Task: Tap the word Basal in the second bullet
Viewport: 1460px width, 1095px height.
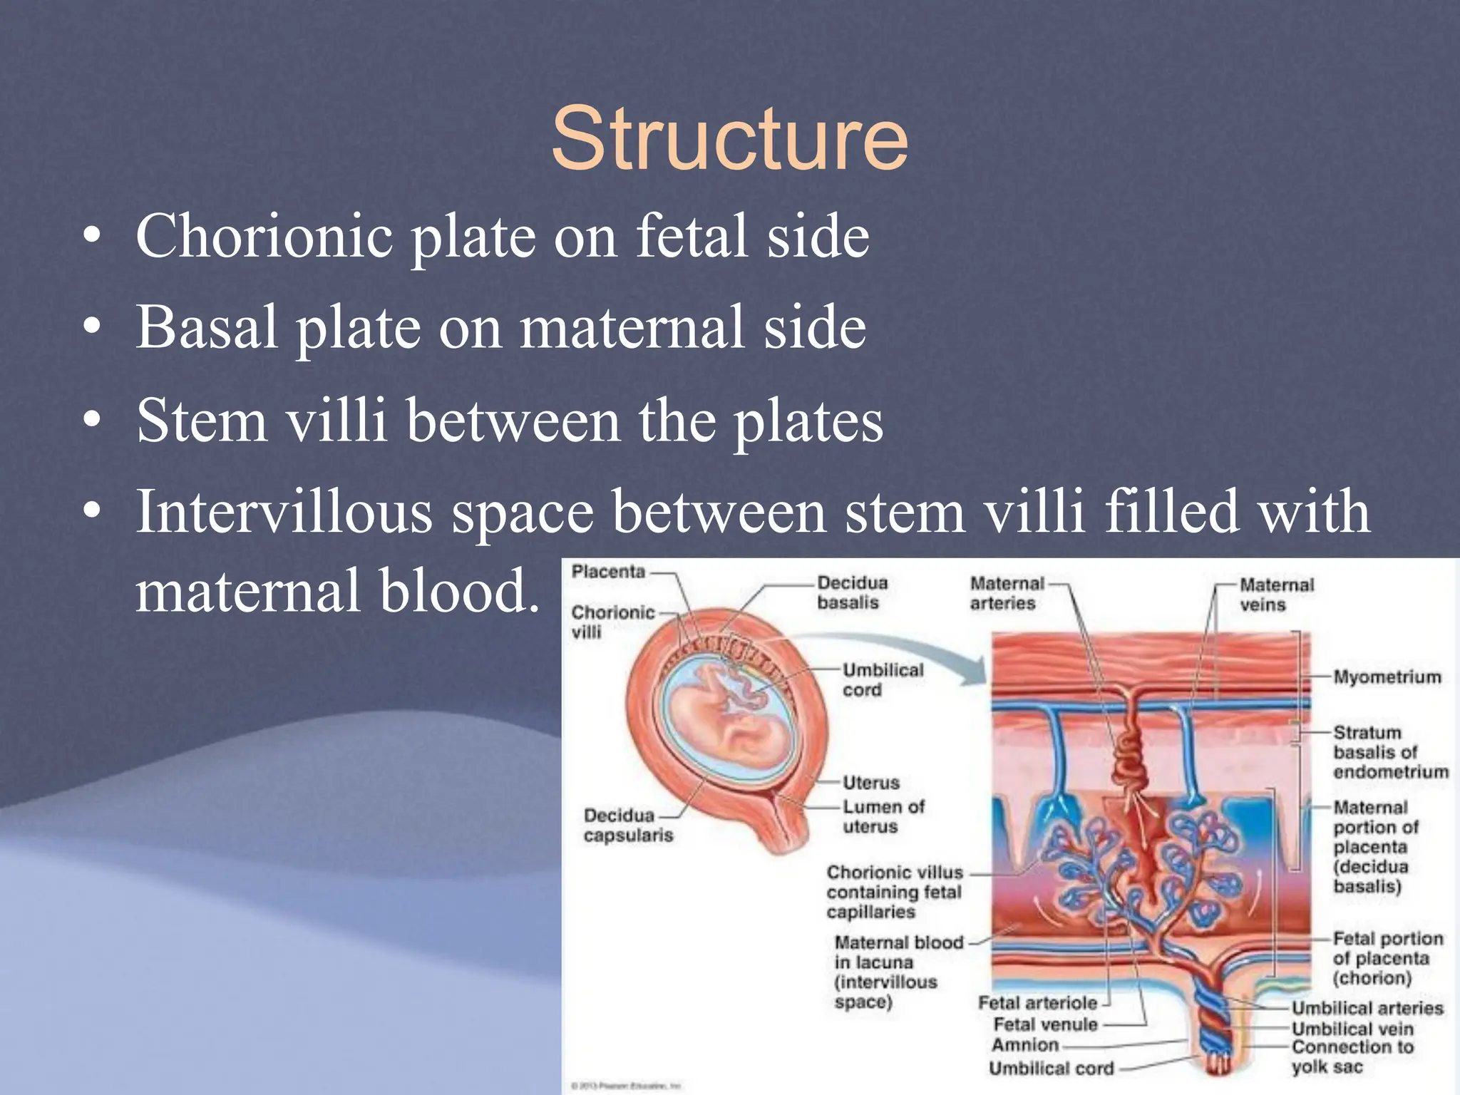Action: (207, 327)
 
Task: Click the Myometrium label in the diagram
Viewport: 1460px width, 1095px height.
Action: (1387, 677)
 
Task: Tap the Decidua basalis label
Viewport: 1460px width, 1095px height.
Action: (852, 592)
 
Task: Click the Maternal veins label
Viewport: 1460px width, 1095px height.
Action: (1276, 595)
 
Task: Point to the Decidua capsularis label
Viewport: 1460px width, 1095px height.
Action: (627, 825)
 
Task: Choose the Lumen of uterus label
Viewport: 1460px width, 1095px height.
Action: (883, 816)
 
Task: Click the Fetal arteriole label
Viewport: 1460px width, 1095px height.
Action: (1037, 1002)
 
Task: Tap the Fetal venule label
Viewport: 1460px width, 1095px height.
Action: (1045, 1024)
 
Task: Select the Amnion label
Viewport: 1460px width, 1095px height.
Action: (1025, 1044)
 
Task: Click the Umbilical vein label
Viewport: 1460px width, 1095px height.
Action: (1352, 1029)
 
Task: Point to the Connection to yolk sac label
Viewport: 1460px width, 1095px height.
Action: (1352, 1057)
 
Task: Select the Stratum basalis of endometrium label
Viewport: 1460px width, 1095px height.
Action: (1390, 751)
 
